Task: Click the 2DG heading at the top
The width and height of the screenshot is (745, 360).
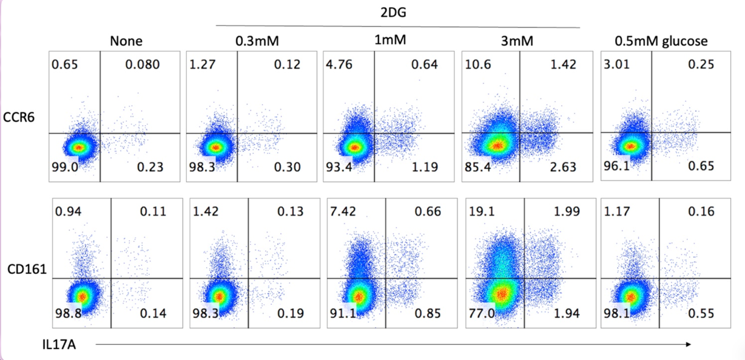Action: coord(397,13)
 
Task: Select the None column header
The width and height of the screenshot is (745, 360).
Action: coord(126,42)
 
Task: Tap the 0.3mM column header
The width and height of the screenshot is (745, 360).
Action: coord(257,42)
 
